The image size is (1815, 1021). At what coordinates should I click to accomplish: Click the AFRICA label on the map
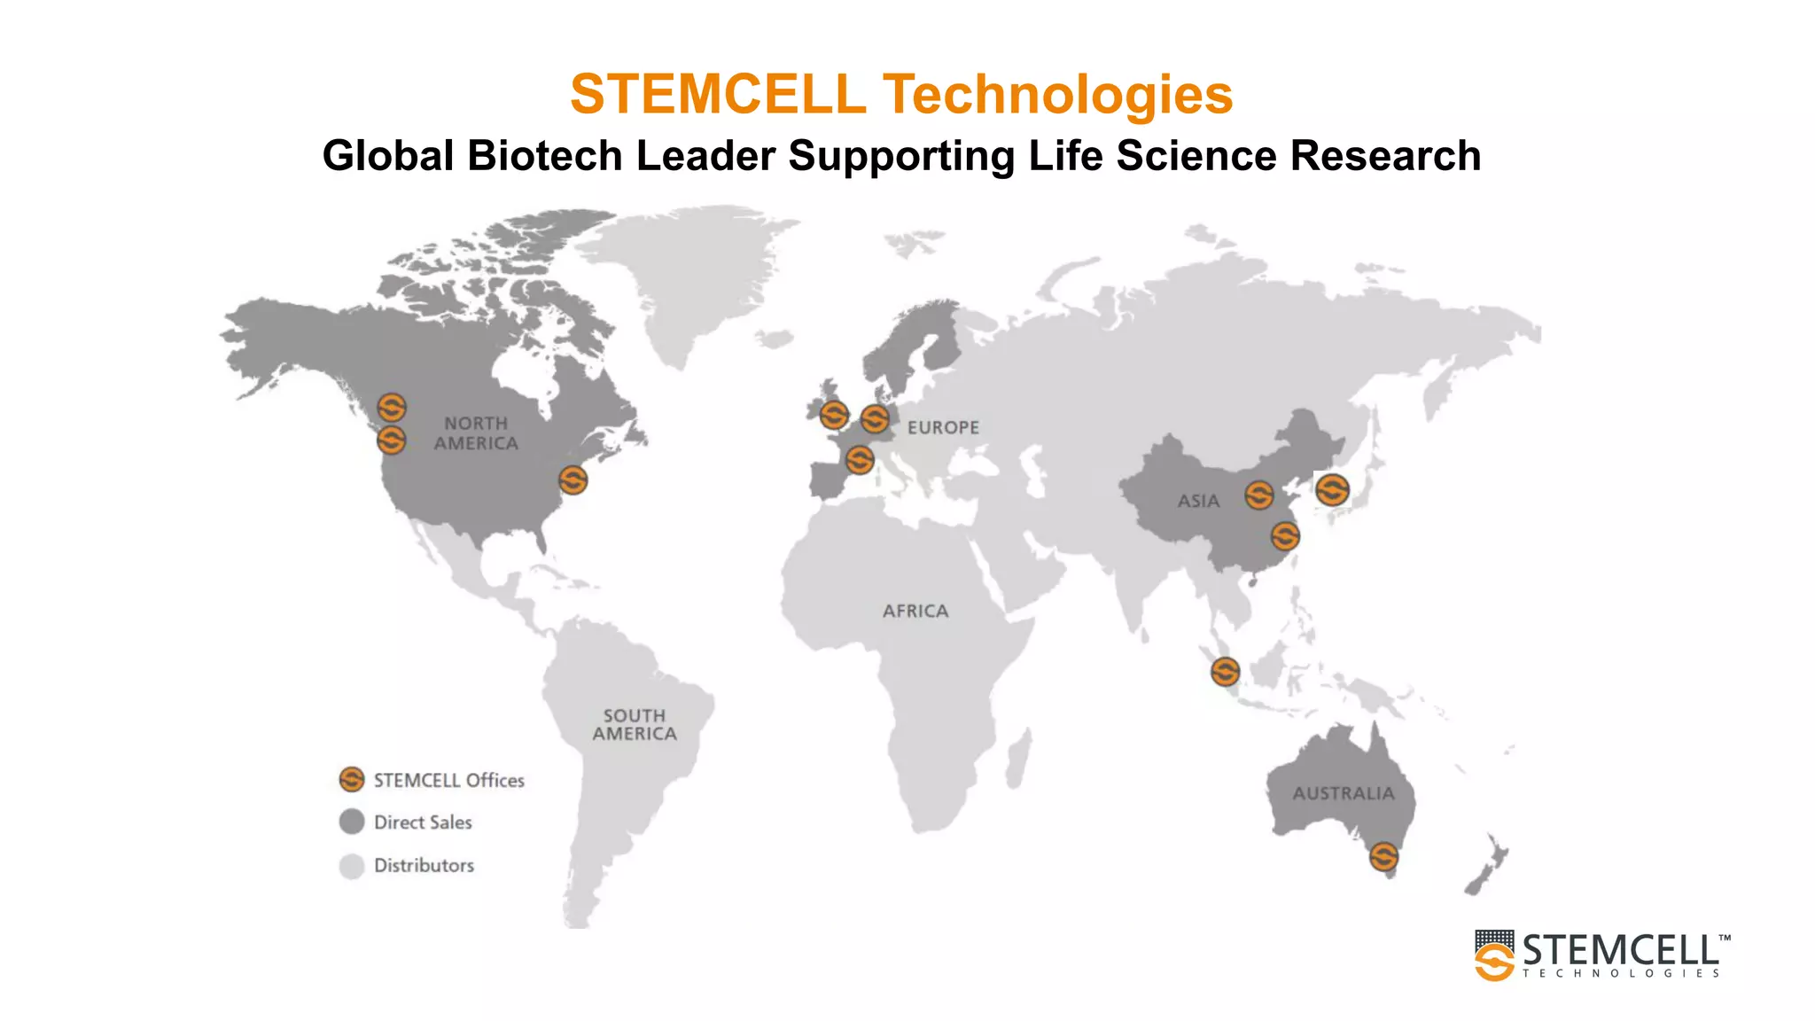pos(915,611)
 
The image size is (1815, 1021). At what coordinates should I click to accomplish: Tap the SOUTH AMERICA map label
pos(635,724)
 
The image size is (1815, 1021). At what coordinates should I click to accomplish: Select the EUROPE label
pos(943,427)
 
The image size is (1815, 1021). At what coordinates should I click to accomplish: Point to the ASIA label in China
pos(1198,501)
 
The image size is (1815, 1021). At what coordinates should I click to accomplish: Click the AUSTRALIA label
pos(1343,793)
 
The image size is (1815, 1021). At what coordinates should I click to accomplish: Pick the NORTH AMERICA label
pos(476,433)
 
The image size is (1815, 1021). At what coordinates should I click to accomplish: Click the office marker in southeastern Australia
pos(1383,857)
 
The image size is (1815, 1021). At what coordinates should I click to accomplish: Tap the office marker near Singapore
pos(1225,672)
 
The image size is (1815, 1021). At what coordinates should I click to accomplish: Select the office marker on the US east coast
pos(573,480)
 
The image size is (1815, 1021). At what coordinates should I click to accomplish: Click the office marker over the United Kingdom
pos(833,415)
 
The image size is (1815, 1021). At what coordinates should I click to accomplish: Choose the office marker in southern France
pos(859,460)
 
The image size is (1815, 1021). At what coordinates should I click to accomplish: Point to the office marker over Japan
pos(1332,489)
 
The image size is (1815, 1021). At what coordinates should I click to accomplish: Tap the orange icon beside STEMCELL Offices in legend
pos(352,779)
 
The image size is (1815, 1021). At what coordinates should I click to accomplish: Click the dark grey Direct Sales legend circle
pos(352,822)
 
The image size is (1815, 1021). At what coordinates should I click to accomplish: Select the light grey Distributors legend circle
pos(352,865)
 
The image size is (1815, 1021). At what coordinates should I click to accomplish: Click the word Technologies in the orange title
pos(1057,94)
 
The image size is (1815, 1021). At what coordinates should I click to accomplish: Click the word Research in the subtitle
pos(1385,156)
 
